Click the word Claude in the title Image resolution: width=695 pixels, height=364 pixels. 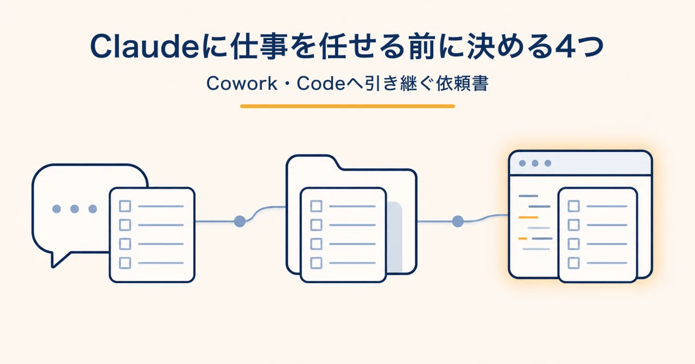144,46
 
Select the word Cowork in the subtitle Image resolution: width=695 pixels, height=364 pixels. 242,83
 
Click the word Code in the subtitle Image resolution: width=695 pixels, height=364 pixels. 321,83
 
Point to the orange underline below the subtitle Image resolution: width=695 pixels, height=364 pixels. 347,106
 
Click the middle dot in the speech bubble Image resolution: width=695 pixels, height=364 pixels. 74,209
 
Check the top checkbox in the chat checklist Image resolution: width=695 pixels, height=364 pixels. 125,206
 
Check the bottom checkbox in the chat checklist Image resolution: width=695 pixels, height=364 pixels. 125,263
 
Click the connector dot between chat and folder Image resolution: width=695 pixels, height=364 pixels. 239,222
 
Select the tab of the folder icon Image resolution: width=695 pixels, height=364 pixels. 313,162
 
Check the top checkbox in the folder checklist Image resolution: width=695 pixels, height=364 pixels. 316,206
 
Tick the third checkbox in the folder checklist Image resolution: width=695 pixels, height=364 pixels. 316,244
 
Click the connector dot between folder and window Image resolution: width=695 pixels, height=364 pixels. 458,222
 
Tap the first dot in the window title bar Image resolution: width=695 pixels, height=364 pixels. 522,163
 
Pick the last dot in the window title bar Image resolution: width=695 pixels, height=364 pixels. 548,163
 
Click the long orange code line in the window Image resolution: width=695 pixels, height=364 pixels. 528,217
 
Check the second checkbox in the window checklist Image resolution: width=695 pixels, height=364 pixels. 573,225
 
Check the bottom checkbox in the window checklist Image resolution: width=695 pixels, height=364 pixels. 573,263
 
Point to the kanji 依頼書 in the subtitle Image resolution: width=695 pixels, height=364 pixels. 462,83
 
